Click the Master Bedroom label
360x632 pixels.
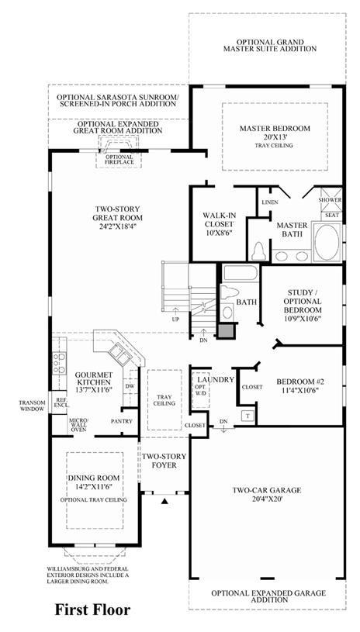275,129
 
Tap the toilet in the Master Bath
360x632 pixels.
258,251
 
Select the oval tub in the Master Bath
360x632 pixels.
327,242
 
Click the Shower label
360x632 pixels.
330,200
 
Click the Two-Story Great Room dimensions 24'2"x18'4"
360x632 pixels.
117,226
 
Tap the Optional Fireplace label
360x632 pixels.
119,159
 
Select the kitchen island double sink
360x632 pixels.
119,352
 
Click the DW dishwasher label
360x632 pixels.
130,385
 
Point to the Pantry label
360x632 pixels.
121,421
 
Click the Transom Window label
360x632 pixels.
32,406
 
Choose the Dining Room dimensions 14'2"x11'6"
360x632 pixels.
94,486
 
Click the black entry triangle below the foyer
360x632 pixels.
164,502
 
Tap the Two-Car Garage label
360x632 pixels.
266,491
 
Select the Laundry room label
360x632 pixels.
216,379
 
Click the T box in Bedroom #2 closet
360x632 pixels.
247,416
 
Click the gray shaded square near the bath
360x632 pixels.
226,330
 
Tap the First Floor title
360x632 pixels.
92,610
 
